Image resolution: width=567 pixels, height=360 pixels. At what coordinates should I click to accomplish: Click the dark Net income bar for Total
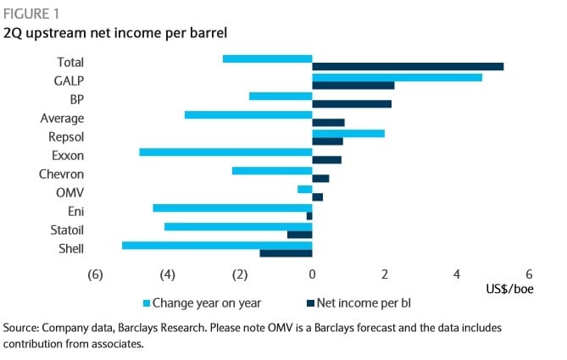[x=408, y=67]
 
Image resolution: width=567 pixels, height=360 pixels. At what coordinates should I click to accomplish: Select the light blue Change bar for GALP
[x=397, y=77]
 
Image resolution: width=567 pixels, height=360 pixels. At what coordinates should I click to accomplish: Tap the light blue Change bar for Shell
[x=217, y=246]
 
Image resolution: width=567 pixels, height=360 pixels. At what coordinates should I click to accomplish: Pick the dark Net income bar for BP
[x=352, y=104]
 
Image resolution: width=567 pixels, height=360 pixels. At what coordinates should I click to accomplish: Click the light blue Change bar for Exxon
[x=225, y=152]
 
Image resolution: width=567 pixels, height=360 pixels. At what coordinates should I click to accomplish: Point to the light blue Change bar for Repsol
[x=348, y=134]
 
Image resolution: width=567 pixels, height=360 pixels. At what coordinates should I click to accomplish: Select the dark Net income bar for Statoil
[x=300, y=235]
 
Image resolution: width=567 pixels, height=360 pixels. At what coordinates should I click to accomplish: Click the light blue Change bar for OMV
[x=305, y=189]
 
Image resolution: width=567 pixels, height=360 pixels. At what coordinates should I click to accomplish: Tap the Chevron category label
[x=62, y=174]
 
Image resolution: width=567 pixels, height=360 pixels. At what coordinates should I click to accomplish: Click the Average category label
[x=62, y=118]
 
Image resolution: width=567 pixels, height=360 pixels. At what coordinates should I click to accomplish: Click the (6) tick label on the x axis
[x=95, y=274]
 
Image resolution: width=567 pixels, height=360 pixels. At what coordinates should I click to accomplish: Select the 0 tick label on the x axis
[x=313, y=274]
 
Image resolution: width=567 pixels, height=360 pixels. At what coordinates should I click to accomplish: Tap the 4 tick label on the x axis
[x=457, y=274]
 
